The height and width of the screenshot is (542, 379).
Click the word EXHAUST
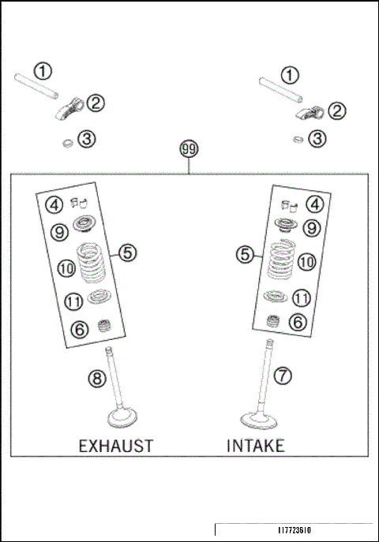(115, 446)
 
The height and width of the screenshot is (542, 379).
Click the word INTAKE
(256, 446)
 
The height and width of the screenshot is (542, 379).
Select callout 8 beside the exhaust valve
(97, 379)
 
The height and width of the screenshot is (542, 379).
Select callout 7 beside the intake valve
(283, 376)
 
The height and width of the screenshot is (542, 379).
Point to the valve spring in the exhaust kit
(94, 261)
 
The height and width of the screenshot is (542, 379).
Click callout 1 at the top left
(43, 71)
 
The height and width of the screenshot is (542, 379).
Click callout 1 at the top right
(291, 75)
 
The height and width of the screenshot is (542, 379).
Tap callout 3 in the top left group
(86, 140)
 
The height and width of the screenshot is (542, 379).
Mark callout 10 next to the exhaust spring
(66, 269)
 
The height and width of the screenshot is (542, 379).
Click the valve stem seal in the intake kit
(275, 321)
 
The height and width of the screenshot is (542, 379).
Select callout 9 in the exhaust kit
(58, 232)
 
